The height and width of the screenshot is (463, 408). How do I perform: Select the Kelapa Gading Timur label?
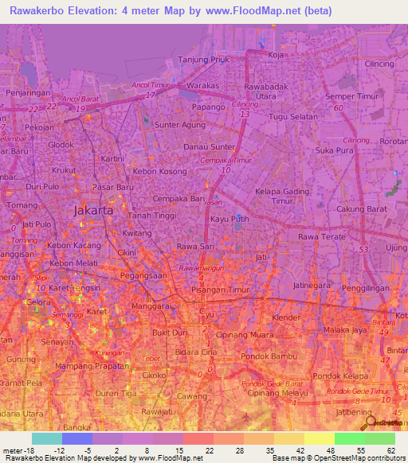point(280,196)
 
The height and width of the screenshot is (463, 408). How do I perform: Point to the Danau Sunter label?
point(210,147)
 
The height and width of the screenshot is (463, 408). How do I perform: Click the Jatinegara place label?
point(312,284)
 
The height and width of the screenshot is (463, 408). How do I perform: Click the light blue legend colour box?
point(47,439)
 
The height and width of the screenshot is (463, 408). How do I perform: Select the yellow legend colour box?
point(320,439)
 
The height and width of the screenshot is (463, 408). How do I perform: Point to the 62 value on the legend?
point(390,450)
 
